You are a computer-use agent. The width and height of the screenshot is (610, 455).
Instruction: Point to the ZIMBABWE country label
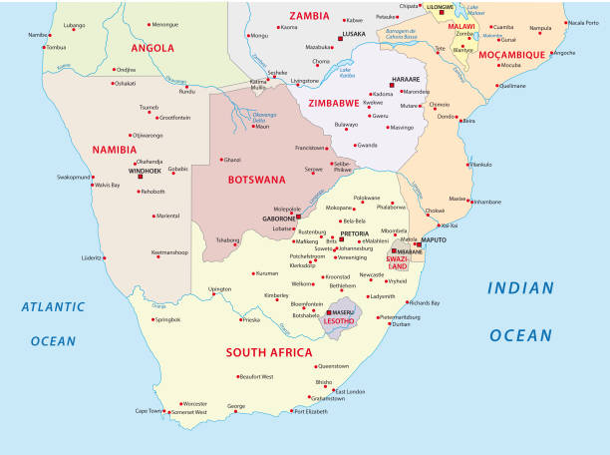335,102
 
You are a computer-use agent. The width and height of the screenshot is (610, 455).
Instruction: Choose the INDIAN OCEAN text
532,311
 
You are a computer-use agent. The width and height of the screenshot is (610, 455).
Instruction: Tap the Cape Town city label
148,411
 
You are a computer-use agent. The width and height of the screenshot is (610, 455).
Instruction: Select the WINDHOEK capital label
142,170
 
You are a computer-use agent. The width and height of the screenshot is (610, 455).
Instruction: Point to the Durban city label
401,324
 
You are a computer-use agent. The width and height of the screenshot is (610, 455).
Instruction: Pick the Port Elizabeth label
310,411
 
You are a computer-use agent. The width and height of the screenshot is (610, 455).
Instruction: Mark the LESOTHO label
339,321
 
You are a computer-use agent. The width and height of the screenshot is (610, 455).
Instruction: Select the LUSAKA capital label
353,34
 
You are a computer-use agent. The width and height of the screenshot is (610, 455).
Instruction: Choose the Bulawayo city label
346,124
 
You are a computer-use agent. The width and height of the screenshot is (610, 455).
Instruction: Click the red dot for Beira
462,121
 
